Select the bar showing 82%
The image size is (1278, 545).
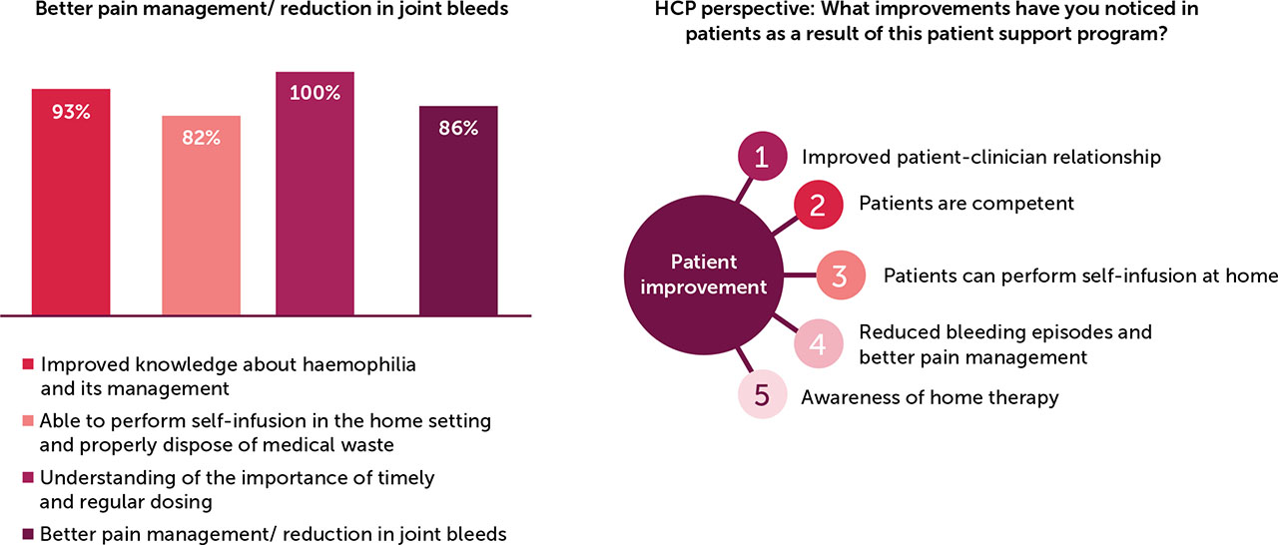(201, 215)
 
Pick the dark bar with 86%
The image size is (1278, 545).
(458, 210)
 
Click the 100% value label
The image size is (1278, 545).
(315, 93)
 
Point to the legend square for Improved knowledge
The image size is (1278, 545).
(27, 365)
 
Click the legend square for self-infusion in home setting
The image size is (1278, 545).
(27, 422)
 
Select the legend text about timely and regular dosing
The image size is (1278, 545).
(238, 489)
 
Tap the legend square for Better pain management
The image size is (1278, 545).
(27, 535)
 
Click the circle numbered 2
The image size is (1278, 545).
(817, 206)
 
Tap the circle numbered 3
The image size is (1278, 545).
(841, 276)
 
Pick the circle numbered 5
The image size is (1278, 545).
(762, 395)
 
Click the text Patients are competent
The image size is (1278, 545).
(965, 204)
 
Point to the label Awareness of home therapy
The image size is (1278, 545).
(930, 397)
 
